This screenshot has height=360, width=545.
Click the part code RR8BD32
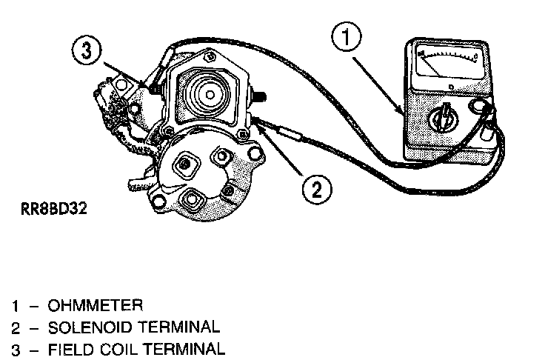coord(50,209)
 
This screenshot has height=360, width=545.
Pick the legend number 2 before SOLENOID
coord(15,327)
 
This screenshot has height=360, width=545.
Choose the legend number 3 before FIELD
coord(15,348)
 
